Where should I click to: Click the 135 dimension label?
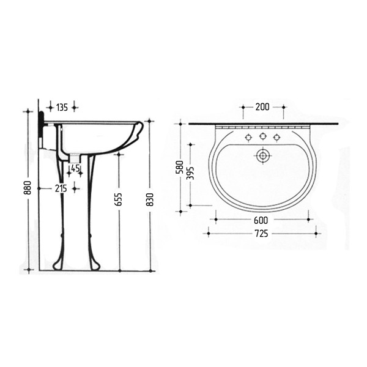pos(62,108)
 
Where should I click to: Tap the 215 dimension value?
pos(61,188)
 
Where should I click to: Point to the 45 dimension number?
pos(75,168)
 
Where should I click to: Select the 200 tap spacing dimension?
pos(262,107)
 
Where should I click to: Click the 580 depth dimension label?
pos(179,167)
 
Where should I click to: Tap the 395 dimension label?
pos(190,174)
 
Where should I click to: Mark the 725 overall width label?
pos(262,233)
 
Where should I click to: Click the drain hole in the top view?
pos(263,156)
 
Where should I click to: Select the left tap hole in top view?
pos(248,136)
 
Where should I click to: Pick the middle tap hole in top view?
pos(263,136)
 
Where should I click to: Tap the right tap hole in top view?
pos(277,136)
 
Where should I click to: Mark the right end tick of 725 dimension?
pos(316,233)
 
